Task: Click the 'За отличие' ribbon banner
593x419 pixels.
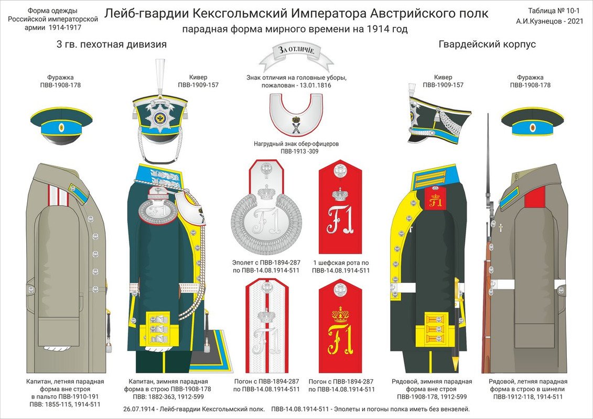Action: coord(296,54)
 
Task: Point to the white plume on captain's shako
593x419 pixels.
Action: coord(160,76)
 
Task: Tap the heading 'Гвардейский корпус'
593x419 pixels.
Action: coord(487,45)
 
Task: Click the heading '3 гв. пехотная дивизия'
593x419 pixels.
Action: coord(111,45)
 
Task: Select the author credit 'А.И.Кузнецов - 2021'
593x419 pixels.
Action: coord(549,21)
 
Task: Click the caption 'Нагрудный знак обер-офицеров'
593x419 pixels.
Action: coord(296,144)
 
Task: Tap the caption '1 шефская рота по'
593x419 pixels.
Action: coord(341,262)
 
